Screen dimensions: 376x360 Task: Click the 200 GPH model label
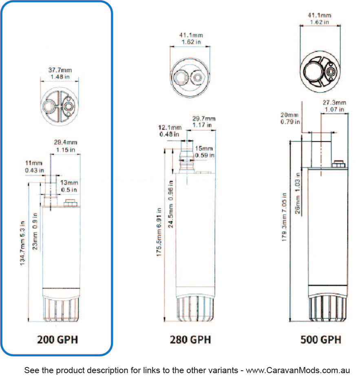57,339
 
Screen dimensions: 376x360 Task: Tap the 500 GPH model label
321,339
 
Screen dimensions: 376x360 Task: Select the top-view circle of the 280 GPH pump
190,77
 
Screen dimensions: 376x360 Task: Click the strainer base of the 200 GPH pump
60,310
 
